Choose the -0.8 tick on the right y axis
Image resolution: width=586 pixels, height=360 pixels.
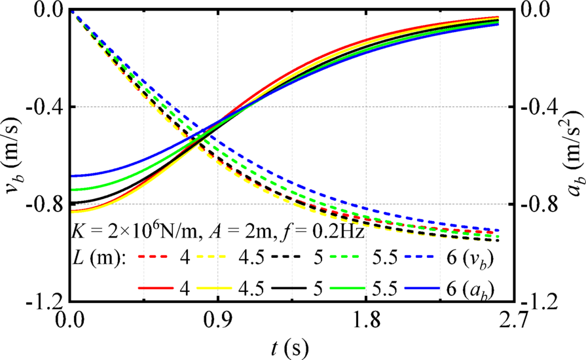click(x=539, y=204)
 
